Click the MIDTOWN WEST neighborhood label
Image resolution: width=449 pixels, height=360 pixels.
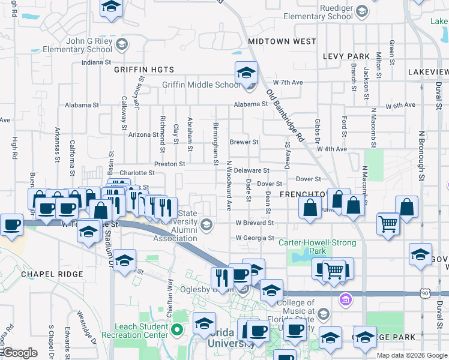click(282, 41)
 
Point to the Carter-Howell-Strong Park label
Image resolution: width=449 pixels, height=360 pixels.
click(317, 247)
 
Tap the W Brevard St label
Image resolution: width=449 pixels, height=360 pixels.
click(255, 223)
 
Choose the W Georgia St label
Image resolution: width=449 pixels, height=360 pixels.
click(255, 238)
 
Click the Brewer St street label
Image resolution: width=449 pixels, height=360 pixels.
click(244, 142)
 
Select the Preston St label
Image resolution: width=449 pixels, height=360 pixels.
click(169, 164)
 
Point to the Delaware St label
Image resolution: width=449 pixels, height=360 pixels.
click(252, 171)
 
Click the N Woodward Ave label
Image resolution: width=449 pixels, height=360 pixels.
click(229, 185)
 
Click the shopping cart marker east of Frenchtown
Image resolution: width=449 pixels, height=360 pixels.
click(388, 224)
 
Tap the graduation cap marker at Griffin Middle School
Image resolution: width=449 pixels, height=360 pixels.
click(246, 73)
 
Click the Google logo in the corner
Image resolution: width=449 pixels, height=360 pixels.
click(20, 353)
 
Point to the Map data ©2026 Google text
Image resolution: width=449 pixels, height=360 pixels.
click(412, 355)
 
